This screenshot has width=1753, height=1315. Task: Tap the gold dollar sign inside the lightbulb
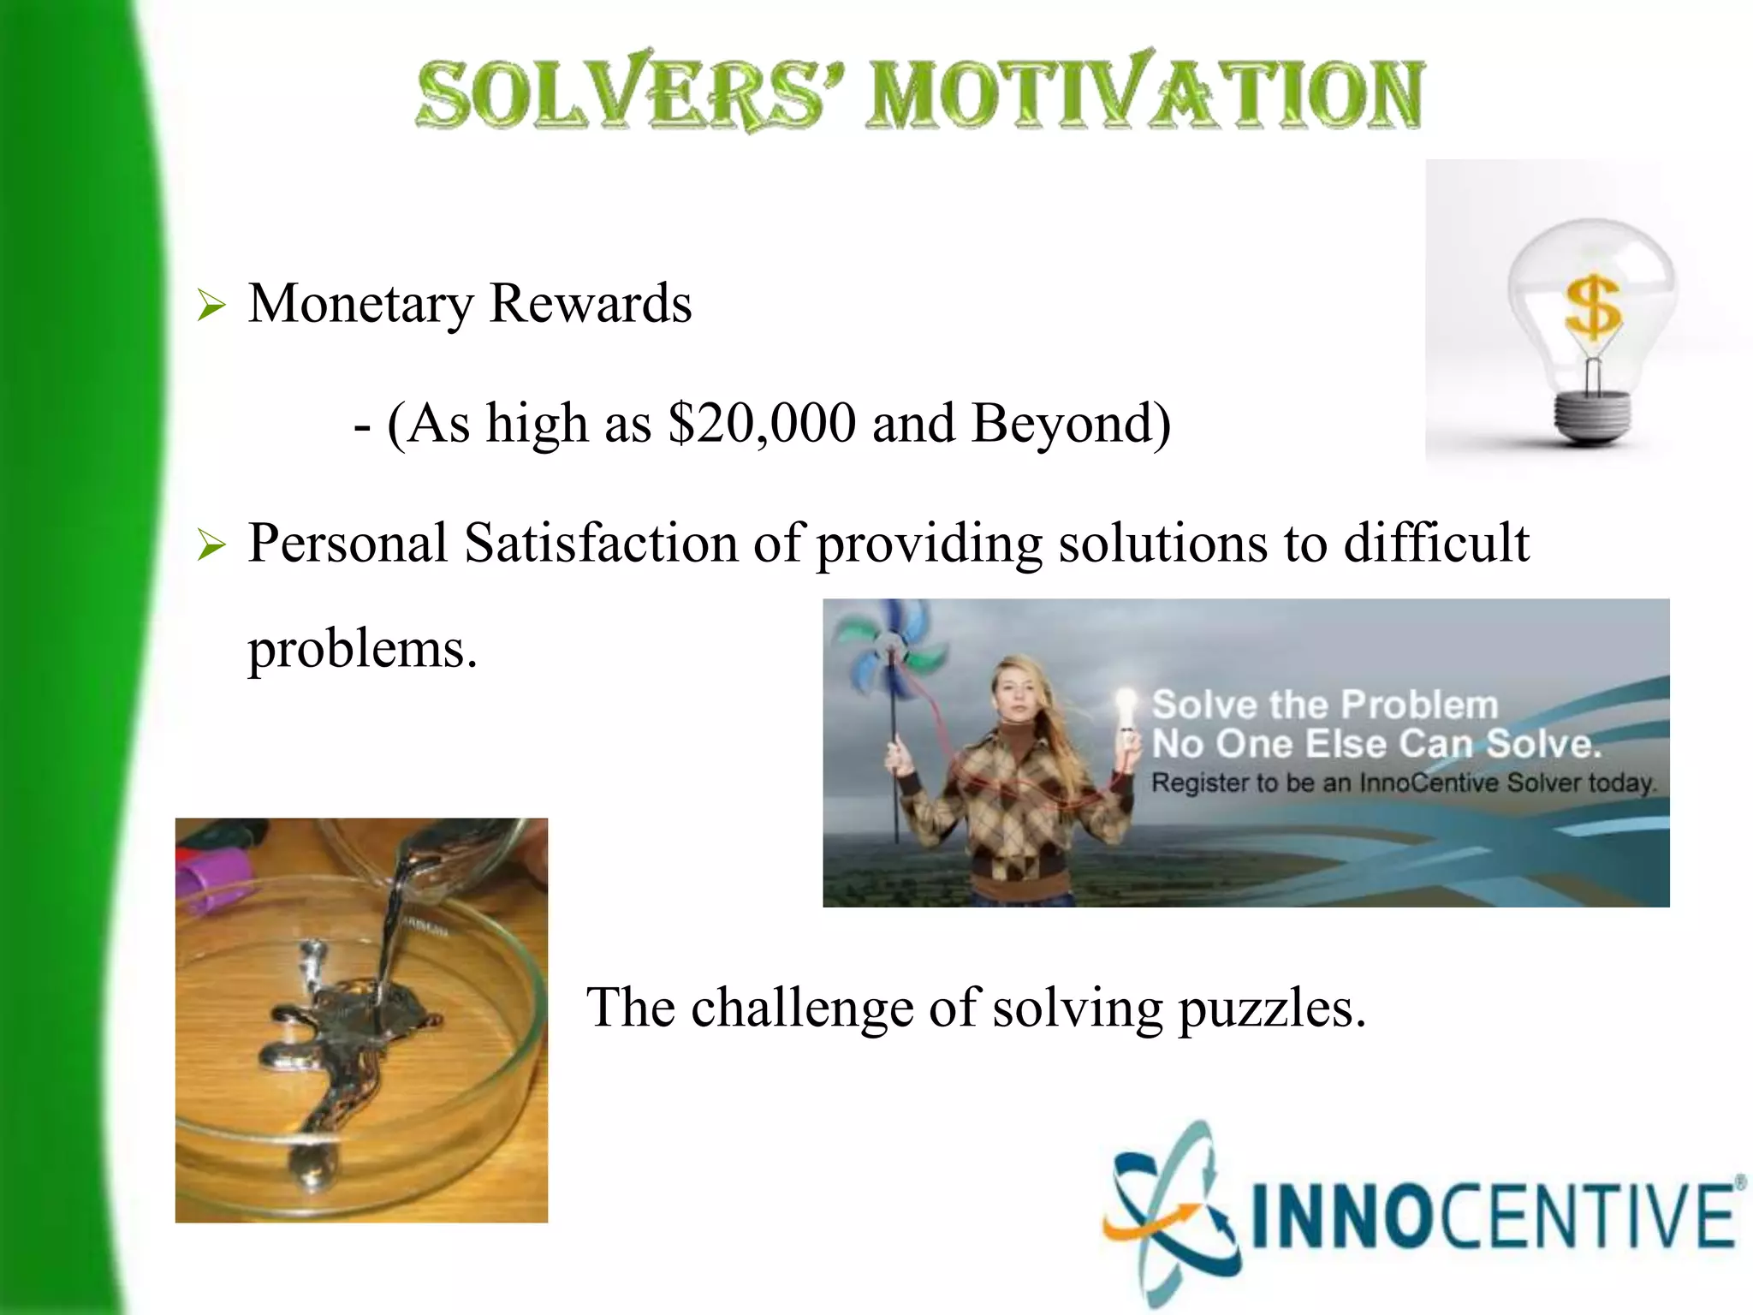click(1592, 306)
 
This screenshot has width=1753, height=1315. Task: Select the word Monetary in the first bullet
click(360, 305)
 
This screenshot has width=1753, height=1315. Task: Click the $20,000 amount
click(762, 423)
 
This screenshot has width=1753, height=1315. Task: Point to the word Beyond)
click(1071, 423)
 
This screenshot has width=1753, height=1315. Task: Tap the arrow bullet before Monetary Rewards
click(211, 306)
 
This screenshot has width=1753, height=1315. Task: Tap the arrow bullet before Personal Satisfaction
click(211, 545)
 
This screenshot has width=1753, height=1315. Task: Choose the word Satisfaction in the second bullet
click(601, 544)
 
